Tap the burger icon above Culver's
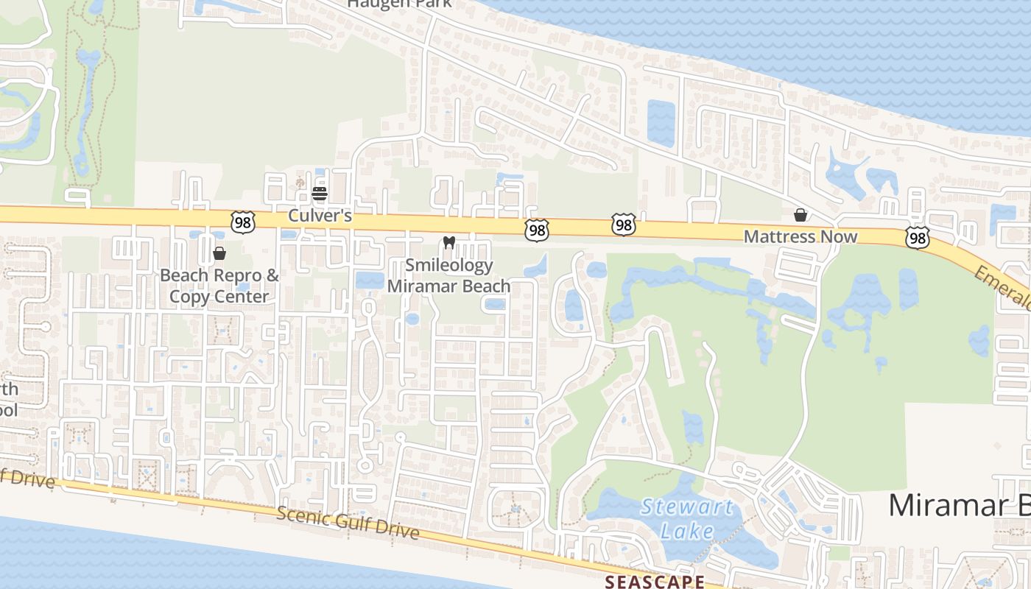(x=320, y=194)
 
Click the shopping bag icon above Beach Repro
(x=219, y=253)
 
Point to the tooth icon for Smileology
(x=448, y=242)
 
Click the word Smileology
(x=448, y=265)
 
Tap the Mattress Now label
(x=800, y=236)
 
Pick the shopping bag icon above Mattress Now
(x=800, y=215)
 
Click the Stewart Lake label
(x=686, y=518)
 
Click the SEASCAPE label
(x=654, y=582)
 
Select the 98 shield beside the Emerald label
(x=917, y=237)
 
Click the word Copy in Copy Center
(x=187, y=297)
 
